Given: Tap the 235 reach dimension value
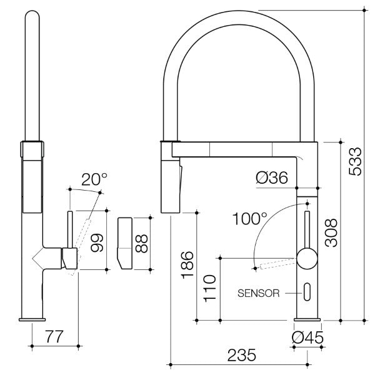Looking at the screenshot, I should pos(241,355).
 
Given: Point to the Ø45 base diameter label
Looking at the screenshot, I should pos(307,338).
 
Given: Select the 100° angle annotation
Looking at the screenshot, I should pos(249,219).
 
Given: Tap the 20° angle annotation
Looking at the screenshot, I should pos(93,180).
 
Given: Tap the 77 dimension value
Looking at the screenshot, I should pos(54,337).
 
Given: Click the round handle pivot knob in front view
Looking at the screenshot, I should pos(307,257).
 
